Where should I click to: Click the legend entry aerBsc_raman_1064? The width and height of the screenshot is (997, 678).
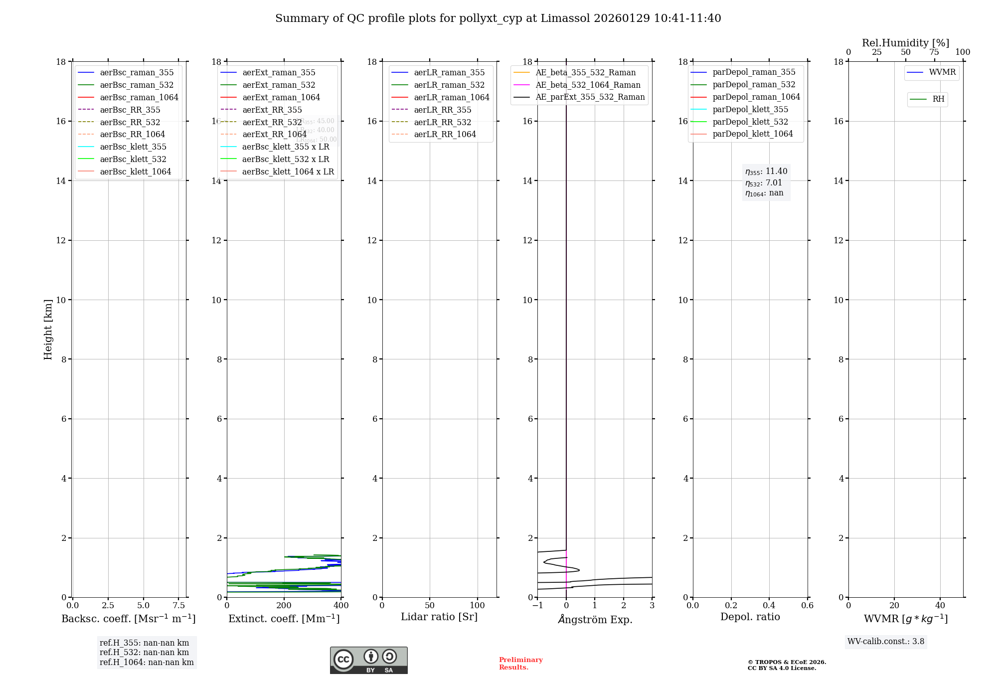pyautogui.click(x=139, y=97)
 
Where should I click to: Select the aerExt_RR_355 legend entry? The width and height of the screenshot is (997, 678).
pyautogui.click(x=272, y=110)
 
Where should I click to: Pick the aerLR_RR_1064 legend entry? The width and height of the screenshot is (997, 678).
pyautogui.click(x=445, y=134)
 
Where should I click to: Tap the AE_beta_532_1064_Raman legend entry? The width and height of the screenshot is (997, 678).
pyautogui.click(x=588, y=85)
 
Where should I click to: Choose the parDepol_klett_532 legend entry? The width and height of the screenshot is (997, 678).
pyautogui.click(x=750, y=122)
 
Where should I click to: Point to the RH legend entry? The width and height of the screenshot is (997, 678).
pyautogui.click(x=938, y=99)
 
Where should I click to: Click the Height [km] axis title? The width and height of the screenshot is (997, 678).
pyautogui.click(x=48, y=330)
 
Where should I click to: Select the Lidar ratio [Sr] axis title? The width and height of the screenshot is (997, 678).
pyautogui.click(x=439, y=617)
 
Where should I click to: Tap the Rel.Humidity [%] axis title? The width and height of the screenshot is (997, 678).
pyautogui.click(x=905, y=43)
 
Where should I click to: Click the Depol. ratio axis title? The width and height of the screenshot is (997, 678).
pyautogui.click(x=750, y=617)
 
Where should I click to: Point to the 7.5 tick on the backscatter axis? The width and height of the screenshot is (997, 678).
pyautogui.click(x=179, y=606)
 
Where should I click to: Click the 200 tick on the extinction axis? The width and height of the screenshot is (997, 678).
pyautogui.click(x=284, y=606)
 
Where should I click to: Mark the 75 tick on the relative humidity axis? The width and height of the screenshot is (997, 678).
pyautogui.click(x=934, y=52)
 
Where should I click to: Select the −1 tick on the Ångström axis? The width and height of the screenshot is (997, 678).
pyautogui.click(x=537, y=606)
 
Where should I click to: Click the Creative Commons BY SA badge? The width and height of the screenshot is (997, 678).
pyautogui.click(x=368, y=661)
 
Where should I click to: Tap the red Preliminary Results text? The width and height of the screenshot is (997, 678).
pyautogui.click(x=520, y=664)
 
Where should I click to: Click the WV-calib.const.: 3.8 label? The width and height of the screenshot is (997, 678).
pyautogui.click(x=885, y=642)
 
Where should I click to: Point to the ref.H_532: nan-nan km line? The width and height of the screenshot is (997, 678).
pyautogui.click(x=144, y=653)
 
